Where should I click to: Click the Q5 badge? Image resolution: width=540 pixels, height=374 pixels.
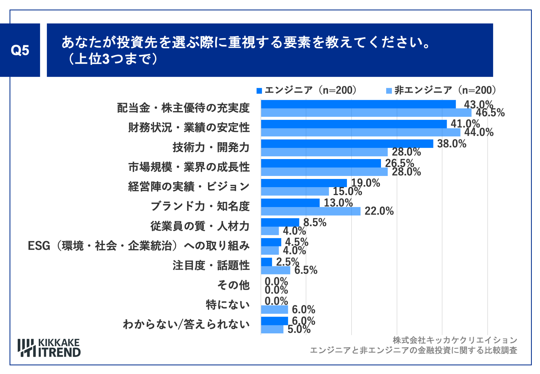20,50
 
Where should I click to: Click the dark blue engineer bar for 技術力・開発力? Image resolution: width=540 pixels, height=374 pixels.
347,144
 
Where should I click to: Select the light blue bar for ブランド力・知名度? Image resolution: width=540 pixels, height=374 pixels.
311,211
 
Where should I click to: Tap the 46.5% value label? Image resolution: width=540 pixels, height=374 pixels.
490,113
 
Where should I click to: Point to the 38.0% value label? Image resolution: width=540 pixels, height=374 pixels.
452,144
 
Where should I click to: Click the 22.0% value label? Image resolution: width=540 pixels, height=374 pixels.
379,211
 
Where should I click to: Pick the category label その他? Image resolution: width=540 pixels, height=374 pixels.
233,285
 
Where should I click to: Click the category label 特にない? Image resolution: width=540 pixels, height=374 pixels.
228,305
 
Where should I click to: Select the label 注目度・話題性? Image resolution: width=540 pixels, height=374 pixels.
211,265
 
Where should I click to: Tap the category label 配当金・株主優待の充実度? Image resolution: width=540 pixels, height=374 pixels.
183,108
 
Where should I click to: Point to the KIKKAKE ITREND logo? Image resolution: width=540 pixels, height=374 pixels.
49,348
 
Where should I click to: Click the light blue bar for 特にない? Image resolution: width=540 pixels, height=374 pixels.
274,310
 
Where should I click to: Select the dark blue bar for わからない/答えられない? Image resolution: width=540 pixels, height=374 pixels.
274,321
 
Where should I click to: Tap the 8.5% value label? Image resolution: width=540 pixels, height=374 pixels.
315,223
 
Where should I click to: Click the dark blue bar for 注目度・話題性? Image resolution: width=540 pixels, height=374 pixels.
266,262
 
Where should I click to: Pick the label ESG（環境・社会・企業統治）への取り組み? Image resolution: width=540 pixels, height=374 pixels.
139,246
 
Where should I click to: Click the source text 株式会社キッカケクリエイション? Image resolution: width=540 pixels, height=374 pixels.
455,340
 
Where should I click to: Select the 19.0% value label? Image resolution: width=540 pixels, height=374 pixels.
365,183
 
